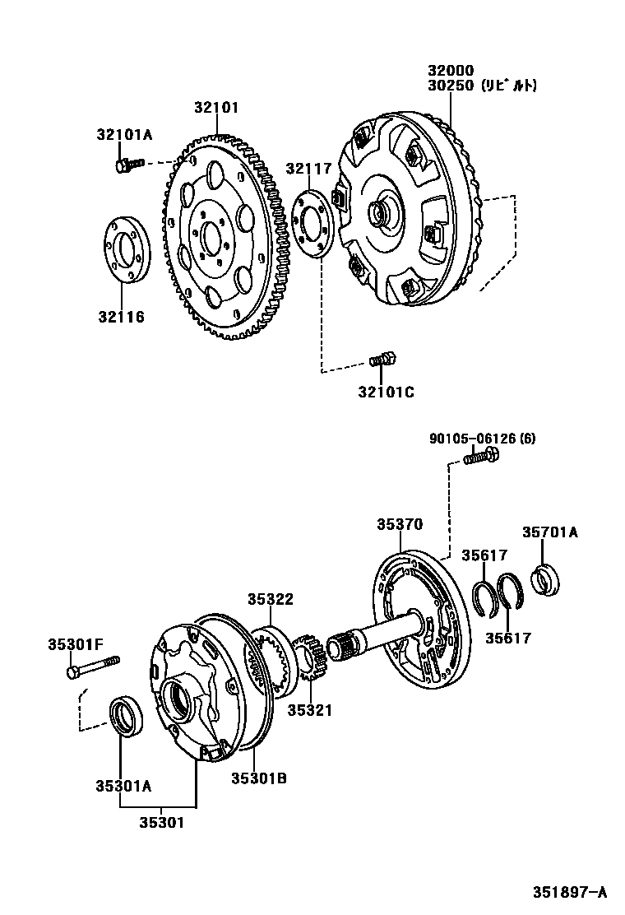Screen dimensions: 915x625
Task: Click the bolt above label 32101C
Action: [382, 359]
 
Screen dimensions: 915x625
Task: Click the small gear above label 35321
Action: [310, 659]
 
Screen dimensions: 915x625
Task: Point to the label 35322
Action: [271, 600]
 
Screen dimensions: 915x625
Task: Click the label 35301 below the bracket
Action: [161, 821]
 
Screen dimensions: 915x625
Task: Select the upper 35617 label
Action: [484, 555]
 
